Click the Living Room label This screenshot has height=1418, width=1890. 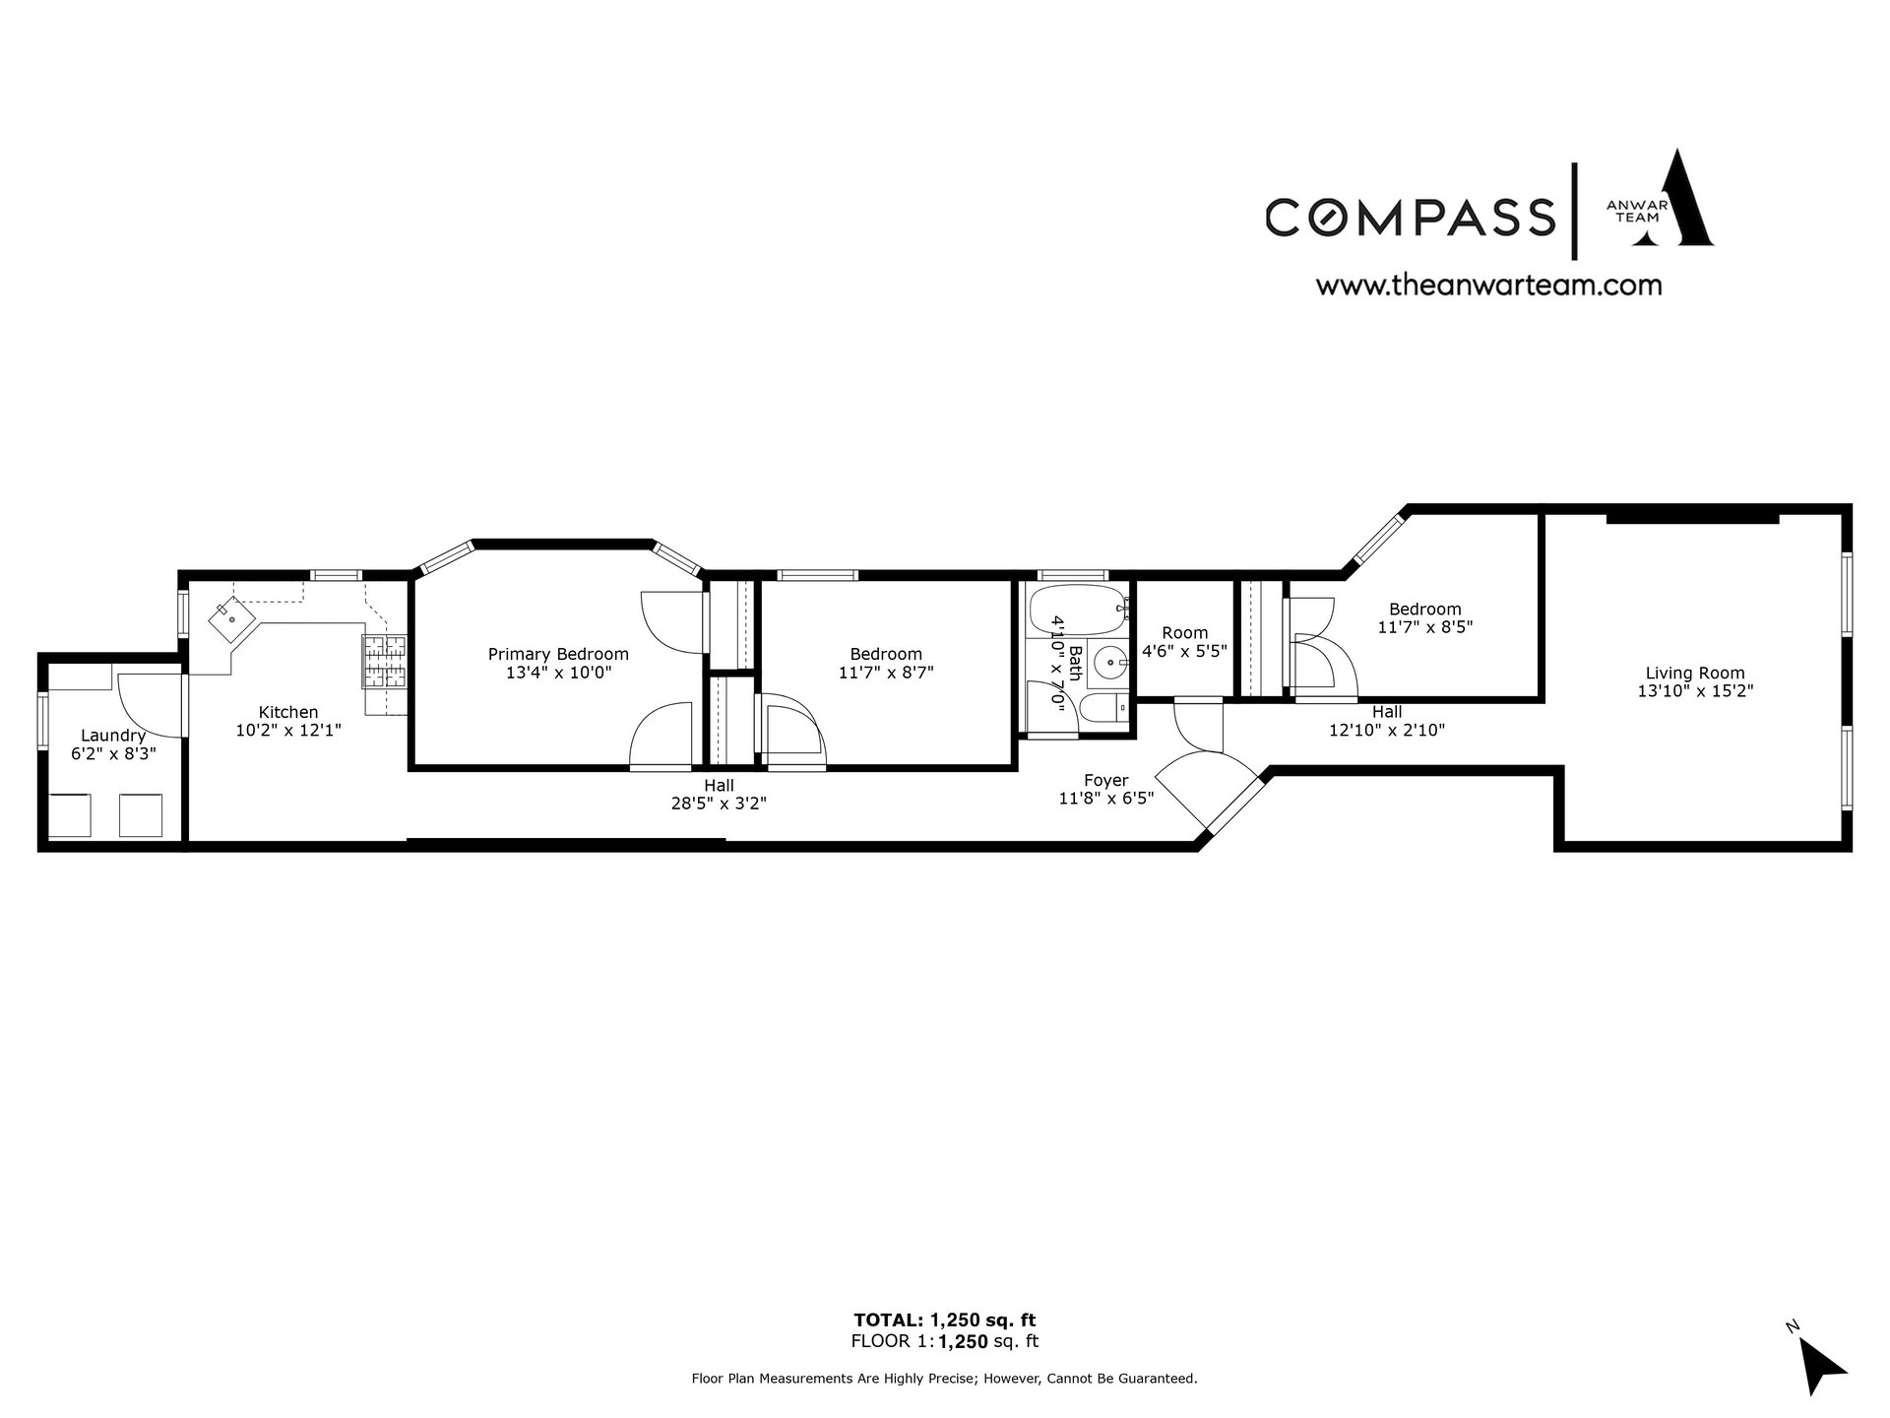[1695, 674]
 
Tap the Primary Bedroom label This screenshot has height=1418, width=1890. [558, 654]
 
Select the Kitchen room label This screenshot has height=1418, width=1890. [288, 712]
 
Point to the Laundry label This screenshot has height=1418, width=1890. [113, 736]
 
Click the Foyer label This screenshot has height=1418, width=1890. [1106, 781]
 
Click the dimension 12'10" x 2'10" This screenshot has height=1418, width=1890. [1387, 731]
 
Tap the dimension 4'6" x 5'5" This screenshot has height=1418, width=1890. [1184, 651]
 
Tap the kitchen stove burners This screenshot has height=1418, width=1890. [385, 661]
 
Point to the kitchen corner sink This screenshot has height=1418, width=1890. [231, 619]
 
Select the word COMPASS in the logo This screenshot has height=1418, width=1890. [1410, 217]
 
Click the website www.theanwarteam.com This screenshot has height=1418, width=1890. [1489, 286]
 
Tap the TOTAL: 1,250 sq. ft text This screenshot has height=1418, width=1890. [944, 1320]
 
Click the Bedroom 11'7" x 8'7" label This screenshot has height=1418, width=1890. [886, 664]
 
